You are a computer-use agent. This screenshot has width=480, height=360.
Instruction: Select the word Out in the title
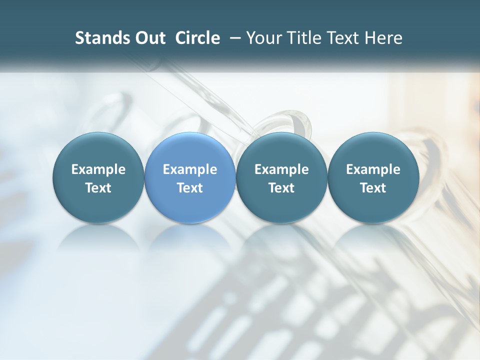148,38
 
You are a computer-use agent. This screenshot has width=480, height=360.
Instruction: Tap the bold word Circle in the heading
197,38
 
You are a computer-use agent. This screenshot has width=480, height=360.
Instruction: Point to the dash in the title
234,38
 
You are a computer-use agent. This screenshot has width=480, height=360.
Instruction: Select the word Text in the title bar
341,38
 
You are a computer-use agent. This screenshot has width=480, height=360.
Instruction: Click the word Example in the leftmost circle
98,169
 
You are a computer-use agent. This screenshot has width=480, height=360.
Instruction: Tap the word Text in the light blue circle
190,188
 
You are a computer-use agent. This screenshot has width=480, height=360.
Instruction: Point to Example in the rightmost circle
373,169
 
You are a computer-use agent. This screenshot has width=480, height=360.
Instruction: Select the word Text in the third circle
281,188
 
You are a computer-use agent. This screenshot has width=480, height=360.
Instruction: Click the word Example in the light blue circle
190,169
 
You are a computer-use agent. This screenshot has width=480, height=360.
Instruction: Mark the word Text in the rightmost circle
373,188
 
